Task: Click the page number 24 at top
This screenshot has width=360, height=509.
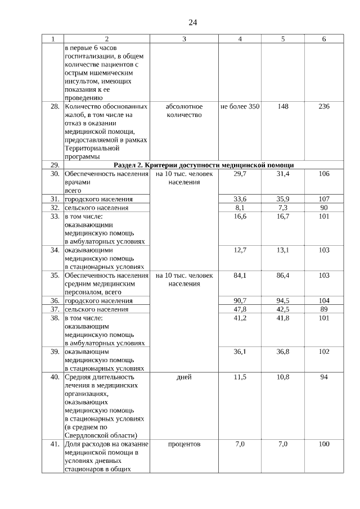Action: pos(192,22)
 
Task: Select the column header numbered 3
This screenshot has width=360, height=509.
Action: pos(184,39)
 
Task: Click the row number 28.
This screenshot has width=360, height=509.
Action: pos(55,106)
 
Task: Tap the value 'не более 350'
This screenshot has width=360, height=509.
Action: pos(240,106)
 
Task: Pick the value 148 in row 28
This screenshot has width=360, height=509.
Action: pos(283,106)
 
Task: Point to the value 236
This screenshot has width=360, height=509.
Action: pos(324,106)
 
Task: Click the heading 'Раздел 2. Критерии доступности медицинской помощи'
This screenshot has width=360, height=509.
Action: pos(204,165)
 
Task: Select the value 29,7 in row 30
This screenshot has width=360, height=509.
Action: pos(240,174)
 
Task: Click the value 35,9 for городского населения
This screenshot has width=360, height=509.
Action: pos(283,199)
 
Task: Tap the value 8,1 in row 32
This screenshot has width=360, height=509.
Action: pos(240,208)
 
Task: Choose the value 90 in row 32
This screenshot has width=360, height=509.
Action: pos(324,208)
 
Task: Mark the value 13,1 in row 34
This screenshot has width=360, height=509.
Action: pos(283,250)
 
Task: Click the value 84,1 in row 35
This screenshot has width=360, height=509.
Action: pos(240,276)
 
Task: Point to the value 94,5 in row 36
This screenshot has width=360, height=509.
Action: pos(283,301)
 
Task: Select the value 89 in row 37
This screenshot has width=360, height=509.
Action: pos(324,309)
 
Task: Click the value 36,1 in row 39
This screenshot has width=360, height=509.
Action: pos(240,352)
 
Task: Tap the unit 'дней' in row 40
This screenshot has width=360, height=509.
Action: pos(184,377)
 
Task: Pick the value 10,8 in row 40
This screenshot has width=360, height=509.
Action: pos(283,377)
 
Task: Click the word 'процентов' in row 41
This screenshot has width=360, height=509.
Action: pos(184,444)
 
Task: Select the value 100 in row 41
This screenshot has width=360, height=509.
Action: pos(324,444)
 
